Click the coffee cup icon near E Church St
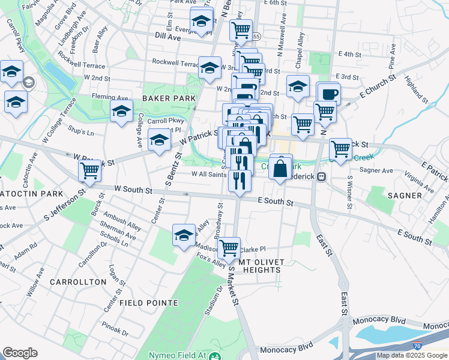point(328,94)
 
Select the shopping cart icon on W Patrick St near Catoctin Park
point(89,171)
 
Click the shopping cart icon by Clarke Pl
point(229,247)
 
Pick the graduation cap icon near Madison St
point(184,235)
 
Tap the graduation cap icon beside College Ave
point(121,111)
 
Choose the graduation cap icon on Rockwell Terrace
point(210,68)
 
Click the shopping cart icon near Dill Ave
point(241,29)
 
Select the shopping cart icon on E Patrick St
point(340,149)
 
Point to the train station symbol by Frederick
point(322,177)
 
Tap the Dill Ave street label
point(167,37)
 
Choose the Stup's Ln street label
point(82,132)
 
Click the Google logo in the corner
point(20,353)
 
